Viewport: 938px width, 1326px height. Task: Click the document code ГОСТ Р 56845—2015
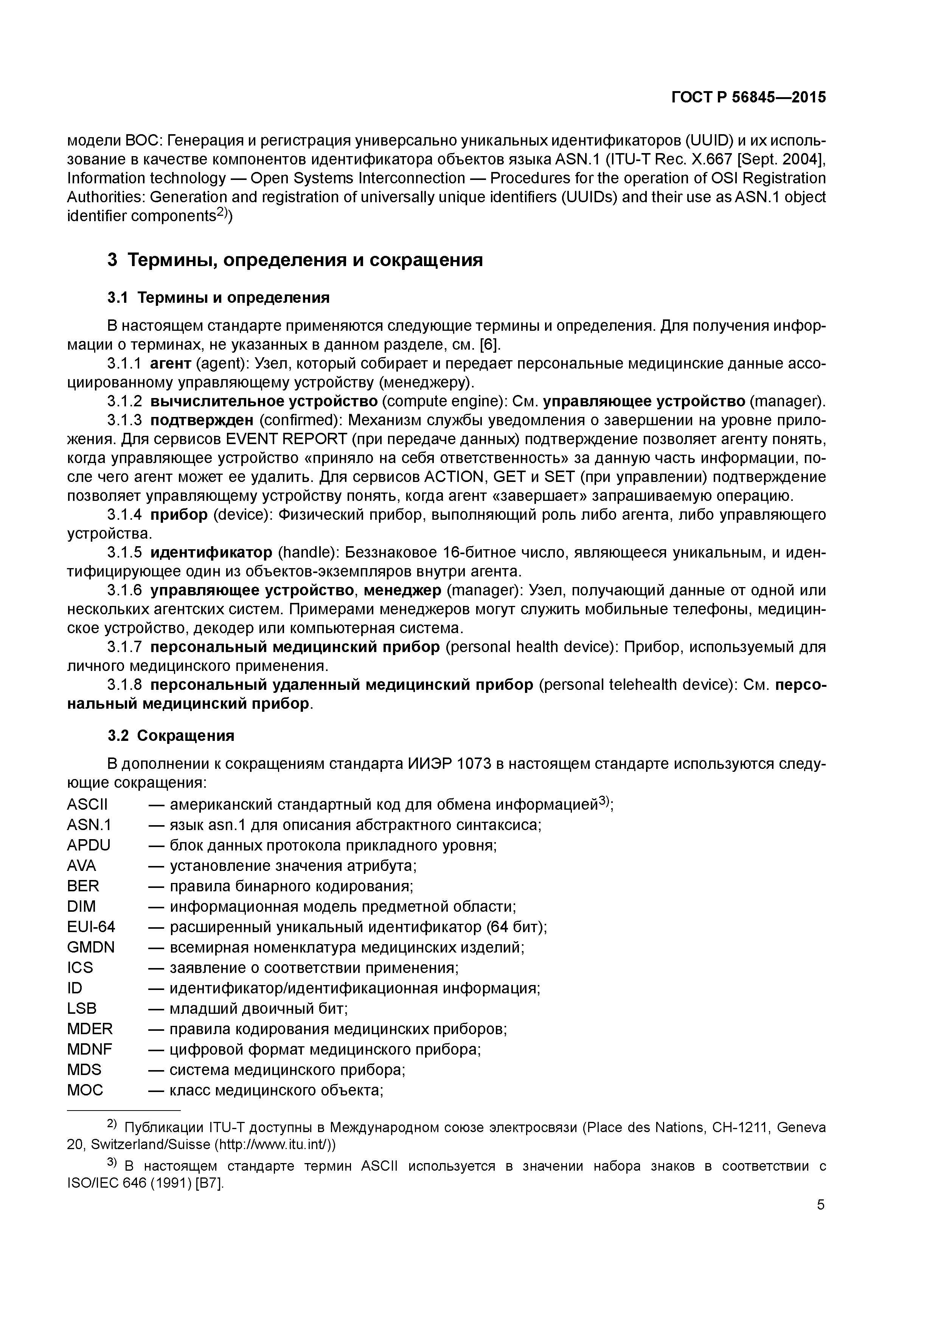click(749, 98)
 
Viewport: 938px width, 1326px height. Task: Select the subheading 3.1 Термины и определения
click(219, 297)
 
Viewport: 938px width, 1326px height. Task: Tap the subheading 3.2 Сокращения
click(171, 735)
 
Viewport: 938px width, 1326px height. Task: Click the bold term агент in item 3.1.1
click(171, 363)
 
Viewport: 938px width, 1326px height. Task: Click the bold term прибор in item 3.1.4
click(179, 514)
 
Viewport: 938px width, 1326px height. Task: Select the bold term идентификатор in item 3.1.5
click(211, 552)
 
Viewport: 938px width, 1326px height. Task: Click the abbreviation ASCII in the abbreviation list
click(87, 804)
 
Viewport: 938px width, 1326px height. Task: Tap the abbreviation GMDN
click(91, 947)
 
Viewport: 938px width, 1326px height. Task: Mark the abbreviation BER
click(83, 886)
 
